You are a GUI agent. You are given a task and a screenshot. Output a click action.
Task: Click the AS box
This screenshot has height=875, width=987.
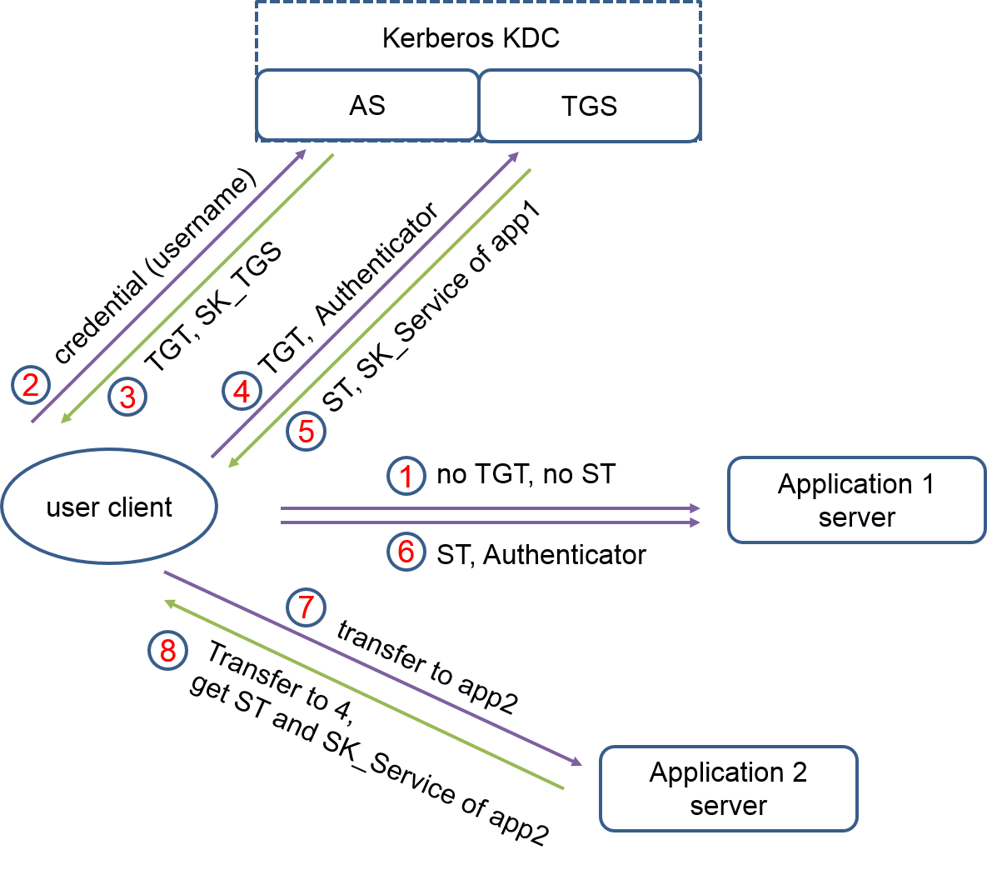click(367, 105)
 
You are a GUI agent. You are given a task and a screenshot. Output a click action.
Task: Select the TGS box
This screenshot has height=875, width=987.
click(589, 106)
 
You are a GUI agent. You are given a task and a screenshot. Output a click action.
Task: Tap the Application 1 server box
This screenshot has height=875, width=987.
click(856, 500)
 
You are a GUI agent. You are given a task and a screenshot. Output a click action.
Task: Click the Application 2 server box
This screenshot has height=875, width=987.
click(728, 788)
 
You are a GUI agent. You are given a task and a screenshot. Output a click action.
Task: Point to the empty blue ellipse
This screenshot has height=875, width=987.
click(109, 506)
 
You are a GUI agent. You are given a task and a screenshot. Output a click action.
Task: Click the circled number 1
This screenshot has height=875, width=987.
click(406, 477)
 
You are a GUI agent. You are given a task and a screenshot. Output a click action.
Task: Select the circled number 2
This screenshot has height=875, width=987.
click(31, 385)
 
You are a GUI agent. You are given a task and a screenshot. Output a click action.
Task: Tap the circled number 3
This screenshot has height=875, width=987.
click(127, 397)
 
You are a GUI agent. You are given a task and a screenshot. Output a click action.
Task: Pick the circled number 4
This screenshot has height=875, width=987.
click(242, 391)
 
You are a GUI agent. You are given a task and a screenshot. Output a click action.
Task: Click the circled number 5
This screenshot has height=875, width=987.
click(307, 432)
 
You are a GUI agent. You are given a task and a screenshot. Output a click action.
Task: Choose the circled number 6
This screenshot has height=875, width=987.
click(406, 551)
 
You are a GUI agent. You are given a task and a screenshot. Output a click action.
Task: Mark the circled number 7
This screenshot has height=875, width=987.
click(306, 607)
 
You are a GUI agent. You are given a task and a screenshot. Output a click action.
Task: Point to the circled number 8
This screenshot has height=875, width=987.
click(167, 650)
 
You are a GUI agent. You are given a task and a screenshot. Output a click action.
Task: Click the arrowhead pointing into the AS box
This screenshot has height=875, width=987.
click(302, 154)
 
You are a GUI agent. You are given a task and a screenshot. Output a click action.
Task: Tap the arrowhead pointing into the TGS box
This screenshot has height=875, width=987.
click(514, 156)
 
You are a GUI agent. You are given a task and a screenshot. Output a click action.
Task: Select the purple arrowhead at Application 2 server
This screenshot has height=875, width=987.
click(576, 762)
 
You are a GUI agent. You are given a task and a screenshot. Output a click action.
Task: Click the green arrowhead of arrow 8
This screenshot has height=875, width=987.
click(169, 602)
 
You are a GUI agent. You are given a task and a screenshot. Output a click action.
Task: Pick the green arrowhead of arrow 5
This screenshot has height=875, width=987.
click(233, 462)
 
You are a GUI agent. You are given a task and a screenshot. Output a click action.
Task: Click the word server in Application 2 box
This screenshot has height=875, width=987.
click(728, 806)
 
